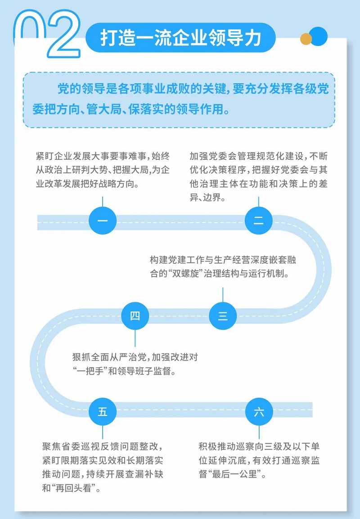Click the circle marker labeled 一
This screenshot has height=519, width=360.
(x=103, y=221)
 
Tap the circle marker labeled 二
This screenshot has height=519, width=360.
(x=258, y=221)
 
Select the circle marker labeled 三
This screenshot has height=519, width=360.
(x=223, y=316)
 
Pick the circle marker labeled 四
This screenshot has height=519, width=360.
(x=135, y=316)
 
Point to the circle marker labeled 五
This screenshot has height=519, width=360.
(x=103, y=412)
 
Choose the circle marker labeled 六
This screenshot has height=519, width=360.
(x=259, y=412)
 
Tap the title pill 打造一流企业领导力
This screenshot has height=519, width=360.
(x=180, y=37)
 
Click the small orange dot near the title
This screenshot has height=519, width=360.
(x=306, y=39)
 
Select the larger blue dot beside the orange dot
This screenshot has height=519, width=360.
(x=319, y=36)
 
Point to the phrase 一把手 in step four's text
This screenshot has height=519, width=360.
(x=89, y=371)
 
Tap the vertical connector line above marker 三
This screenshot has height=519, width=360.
(x=223, y=294)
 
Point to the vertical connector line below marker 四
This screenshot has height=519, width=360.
(x=135, y=338)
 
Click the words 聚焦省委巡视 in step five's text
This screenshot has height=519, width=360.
(x=68, y=446)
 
